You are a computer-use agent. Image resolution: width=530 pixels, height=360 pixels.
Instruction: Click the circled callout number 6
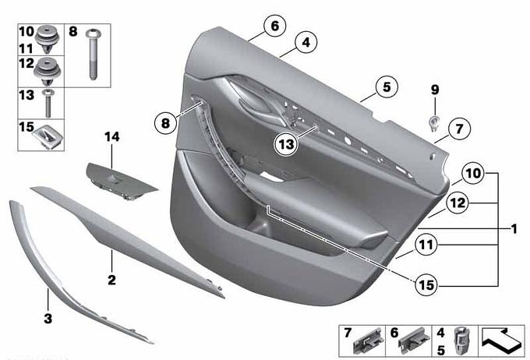275,26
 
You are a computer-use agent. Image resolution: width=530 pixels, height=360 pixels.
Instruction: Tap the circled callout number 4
306,43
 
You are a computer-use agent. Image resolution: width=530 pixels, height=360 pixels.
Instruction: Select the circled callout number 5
387,86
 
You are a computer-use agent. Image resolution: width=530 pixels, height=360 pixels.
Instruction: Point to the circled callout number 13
286,144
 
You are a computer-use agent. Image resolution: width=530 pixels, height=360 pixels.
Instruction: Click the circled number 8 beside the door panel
165,123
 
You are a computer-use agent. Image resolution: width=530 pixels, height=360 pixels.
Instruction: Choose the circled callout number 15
426,284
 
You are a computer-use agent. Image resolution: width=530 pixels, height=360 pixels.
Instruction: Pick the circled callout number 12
458,203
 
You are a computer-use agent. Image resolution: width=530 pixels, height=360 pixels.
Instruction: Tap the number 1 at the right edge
514,229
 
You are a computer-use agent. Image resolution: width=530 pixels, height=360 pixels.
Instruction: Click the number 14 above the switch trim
112,137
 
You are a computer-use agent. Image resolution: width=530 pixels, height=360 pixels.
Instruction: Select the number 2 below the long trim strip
111,280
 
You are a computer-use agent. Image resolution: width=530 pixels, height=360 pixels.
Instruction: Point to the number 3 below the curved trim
48,318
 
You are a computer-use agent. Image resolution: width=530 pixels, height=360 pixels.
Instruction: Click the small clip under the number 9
434,124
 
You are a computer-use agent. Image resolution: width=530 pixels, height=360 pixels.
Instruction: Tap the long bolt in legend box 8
92,54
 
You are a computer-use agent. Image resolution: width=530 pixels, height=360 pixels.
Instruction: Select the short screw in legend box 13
48,103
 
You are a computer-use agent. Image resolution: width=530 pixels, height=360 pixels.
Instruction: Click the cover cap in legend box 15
48,136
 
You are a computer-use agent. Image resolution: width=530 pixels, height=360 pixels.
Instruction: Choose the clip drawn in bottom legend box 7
368,342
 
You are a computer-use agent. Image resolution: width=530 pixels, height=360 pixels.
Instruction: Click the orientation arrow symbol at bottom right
502,341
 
